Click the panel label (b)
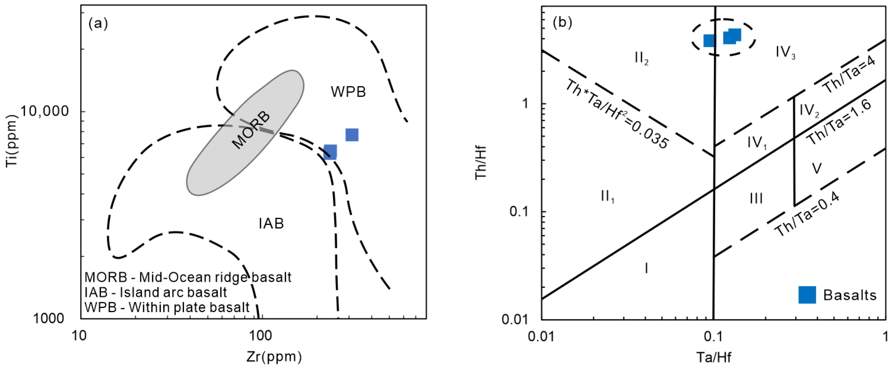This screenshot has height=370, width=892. point(562,22)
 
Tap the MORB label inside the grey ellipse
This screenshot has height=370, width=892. point(251,130)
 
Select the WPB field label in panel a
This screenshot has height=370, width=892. point(348,92)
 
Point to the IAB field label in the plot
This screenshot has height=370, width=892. point(271,224)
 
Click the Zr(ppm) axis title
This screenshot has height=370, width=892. point(274,357)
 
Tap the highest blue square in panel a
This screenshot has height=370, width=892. point(352,135)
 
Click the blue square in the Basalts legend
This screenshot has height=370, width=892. point(807,295)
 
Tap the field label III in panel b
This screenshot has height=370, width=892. point(756,199)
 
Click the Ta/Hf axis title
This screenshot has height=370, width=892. point(714,357)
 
